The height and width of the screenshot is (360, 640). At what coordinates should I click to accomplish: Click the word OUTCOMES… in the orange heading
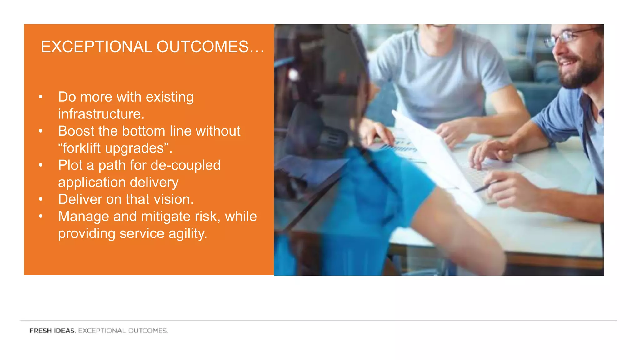pyautogui.click(x=210, y=47)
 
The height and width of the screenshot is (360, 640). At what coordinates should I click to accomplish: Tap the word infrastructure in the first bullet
pyautogui.click(x=101, y=114)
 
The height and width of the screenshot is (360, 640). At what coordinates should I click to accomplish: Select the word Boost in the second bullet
pyautogui.click(x=76, y=131)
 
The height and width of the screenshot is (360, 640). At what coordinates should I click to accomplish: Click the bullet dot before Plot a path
pyautogui.click(x=41, y=165)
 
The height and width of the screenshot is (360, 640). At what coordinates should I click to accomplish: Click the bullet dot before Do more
pyautogui.click(x=41, y=97)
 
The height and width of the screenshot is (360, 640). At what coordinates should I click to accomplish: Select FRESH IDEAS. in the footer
pyautogui.click(x=52, y=331)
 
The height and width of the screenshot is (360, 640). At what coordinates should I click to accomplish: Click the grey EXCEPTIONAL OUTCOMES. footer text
pyautogui.click(x=123, y=331)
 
